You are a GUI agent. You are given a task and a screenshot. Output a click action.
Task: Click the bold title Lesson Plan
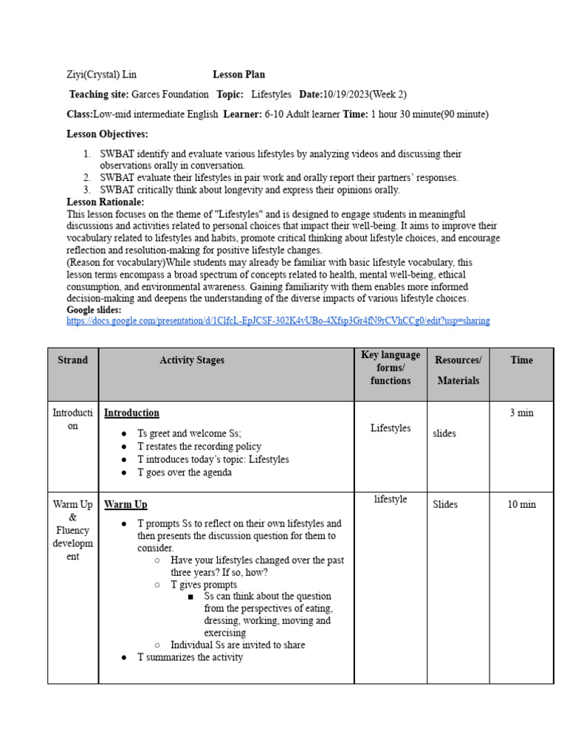[238, 75]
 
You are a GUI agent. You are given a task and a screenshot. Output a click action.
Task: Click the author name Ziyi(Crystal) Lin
[101, 75]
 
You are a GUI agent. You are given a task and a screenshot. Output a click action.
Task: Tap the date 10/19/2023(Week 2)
[365, 94]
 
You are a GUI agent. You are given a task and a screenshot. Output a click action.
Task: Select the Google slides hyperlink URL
[278, 321]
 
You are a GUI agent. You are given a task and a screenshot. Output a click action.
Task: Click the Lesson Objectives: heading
[107, 134]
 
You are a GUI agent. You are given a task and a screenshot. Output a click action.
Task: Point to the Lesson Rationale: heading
[106, 202]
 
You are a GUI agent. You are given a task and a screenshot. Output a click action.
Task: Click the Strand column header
[72, 360]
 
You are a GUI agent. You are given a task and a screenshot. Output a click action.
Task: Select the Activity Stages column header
[192, 360]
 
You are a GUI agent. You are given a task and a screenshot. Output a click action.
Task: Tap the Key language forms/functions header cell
[391, 368]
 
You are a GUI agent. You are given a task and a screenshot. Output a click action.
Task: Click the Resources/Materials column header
[458, 370]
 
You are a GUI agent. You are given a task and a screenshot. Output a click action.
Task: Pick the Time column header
[521, 360]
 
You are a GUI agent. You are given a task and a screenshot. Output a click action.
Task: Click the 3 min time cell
[521, 413]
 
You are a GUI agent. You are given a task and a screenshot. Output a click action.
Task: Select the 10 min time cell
[521, 504]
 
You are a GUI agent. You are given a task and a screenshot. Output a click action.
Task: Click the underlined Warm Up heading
[126, 504]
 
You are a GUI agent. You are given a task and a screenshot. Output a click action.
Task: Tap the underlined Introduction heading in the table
[131, 413]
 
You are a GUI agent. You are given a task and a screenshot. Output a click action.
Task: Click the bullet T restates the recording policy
[199, 447]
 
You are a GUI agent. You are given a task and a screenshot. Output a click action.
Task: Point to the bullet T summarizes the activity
[190, 657]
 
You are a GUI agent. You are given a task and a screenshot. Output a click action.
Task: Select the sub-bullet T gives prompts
[204, 584]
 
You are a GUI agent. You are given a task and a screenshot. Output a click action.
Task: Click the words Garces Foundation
[170, 94]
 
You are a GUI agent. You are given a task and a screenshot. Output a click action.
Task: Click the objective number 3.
[86, 190]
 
